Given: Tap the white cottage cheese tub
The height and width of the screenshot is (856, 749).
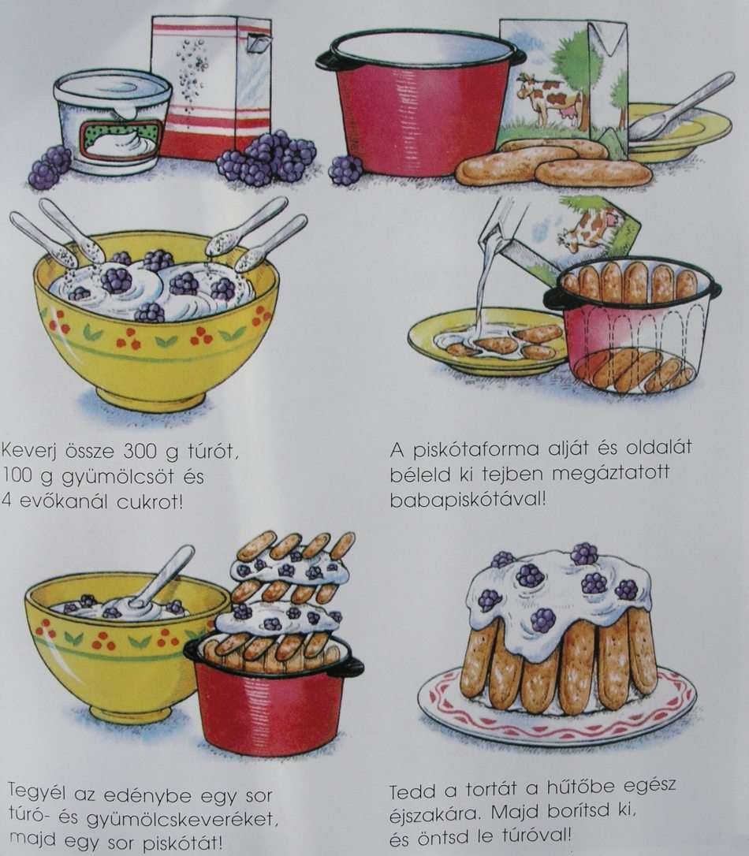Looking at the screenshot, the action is (114, 120).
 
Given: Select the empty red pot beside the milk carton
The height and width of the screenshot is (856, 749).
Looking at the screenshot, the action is (420, 101).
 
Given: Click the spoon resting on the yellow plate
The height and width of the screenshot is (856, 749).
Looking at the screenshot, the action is (680, 107).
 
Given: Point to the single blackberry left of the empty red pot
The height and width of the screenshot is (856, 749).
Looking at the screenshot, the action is (345, 169).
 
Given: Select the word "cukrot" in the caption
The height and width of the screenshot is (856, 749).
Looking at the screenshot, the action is (149, 501).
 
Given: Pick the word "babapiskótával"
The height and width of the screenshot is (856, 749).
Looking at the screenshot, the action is (468, 499).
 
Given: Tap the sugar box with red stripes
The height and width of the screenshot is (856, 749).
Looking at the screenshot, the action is (212, 87).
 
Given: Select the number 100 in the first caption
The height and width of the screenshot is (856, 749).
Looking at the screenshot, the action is (20, 477).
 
